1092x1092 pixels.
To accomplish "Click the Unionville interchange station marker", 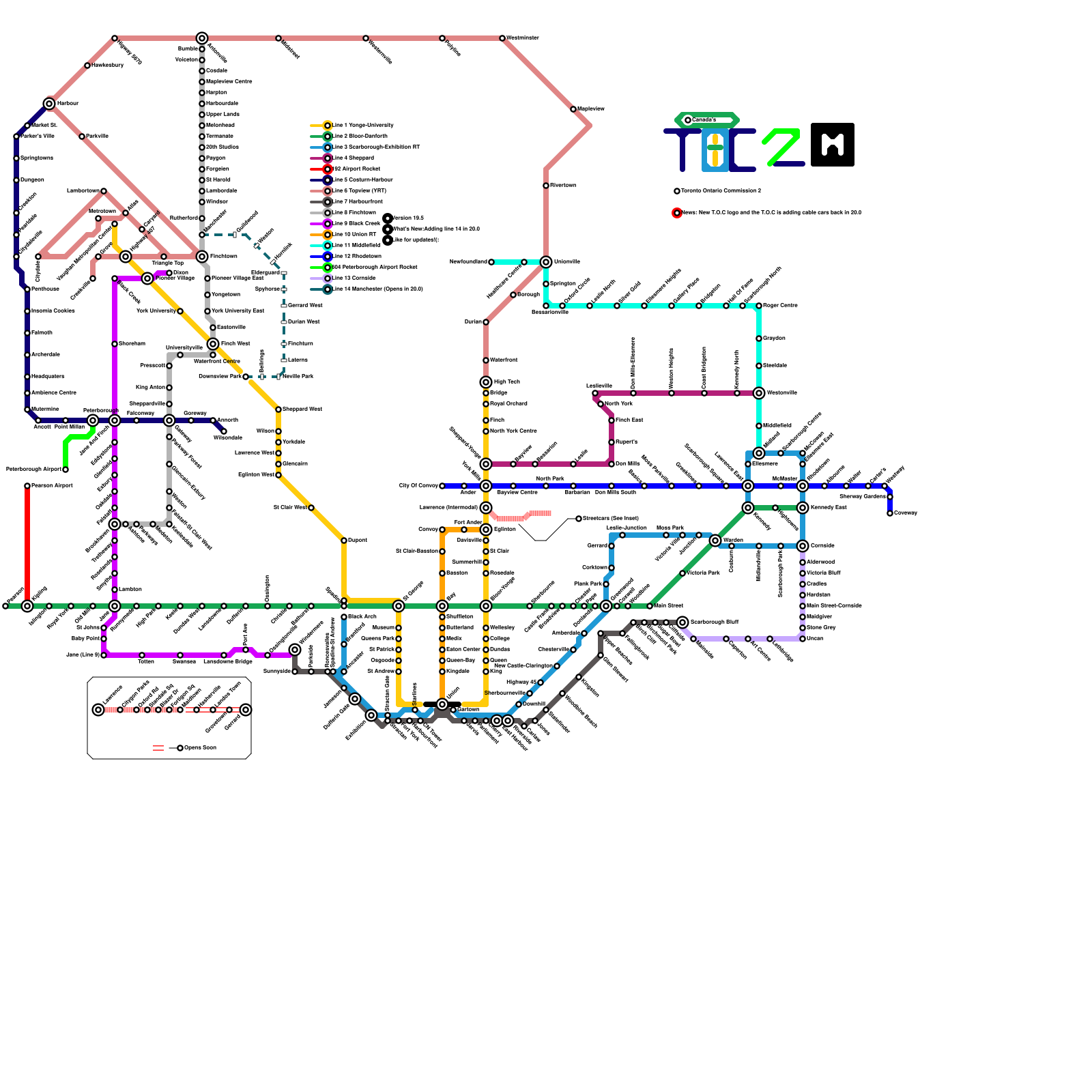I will coord(546,262).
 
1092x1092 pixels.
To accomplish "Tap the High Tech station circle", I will coord(486,382).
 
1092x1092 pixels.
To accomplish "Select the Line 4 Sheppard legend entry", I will coord(328,158).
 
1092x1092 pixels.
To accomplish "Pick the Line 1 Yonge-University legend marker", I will coord(328,126).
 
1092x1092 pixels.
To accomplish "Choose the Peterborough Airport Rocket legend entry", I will coord(328,268).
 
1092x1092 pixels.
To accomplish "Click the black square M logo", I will coord(833,145).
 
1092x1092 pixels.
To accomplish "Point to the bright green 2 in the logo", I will coord(781,146).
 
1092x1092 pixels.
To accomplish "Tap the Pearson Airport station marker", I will coord(27,486).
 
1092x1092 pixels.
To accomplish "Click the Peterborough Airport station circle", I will coord(66,470).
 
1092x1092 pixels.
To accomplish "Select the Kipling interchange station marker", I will coord(27,606).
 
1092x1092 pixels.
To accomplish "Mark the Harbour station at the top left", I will coord(49,104).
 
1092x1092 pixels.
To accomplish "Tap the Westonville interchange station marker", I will coord(759,393).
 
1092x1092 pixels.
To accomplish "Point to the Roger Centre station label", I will coord(780,306).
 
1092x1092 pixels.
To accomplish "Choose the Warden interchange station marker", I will coord(715,541).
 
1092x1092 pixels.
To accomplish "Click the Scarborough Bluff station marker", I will coord(682,622).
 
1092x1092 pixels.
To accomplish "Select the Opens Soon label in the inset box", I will coord(200,748).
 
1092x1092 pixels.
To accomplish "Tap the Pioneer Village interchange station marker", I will coord(147,278).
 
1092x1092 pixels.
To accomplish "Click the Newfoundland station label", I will coord(468,262).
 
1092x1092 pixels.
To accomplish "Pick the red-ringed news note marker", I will coord(677,213).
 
